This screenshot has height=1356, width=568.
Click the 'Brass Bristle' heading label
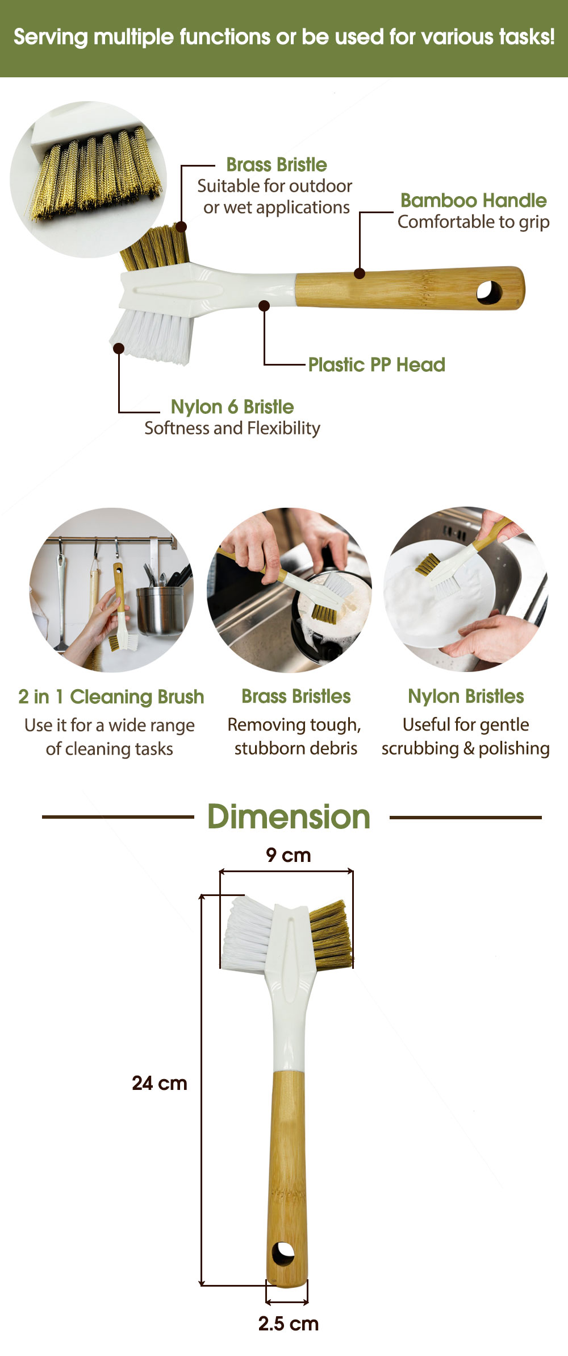click(x=277, y=165)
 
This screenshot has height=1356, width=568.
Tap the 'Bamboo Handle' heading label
click(x=474, y=200)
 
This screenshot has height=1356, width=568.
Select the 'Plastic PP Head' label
click(x=377, y=364)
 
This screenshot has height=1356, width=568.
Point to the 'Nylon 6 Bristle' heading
click(x=232, y=407)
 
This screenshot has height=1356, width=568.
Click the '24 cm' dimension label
click(x=160, y=1083)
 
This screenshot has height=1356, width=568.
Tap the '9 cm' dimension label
click(x=289, y=855)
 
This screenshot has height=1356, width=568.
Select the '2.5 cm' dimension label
click(x=289, y=1324)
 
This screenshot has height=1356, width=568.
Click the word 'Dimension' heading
click(x=289, y=817)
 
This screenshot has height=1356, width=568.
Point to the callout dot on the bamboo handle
click(x=360, y=273)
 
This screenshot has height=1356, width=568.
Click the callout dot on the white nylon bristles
click(x=119, y=348)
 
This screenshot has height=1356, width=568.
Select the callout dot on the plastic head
click(x=264, y=306)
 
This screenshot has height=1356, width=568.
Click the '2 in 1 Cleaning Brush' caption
click(x=111, y=696)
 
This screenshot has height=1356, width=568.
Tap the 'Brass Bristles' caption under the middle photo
click(x=296, y=696)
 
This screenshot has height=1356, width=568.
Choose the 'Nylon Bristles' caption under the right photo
click(x=466, y=696)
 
